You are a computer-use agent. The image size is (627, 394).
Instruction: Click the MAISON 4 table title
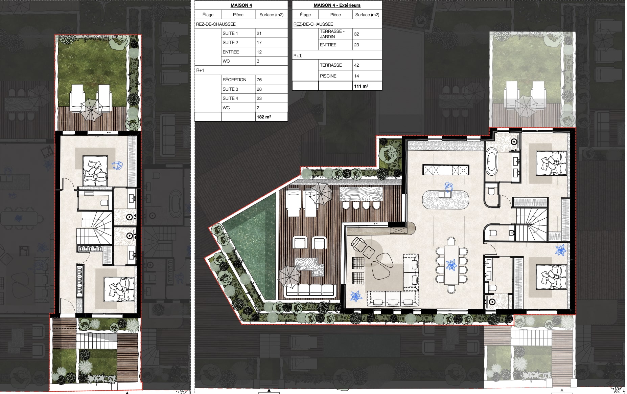click(x=241, y=5)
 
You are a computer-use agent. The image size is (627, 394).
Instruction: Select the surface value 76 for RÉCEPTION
click(x=259, y=80)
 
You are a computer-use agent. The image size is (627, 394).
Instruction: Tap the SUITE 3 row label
click(x=230, y=89)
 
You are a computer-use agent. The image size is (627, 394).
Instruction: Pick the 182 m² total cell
click(x=264, y=117)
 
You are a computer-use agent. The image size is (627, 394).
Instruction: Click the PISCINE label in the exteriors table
click(x=328, y=76)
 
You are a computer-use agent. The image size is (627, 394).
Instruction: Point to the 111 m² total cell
click(x=361, y=86)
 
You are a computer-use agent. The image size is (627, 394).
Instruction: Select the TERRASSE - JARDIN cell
click(x=332, y=34)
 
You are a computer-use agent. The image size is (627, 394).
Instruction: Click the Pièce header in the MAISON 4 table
click(x=238, y=15)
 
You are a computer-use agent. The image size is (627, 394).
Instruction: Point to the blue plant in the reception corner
click(x=356, y=296)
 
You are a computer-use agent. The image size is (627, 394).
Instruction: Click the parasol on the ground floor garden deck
click(x=92, y=109)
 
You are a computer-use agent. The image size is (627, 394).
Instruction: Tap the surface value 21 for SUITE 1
click(x=259, y=33)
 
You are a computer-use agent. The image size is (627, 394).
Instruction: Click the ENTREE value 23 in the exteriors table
click(x=356, y=45)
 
